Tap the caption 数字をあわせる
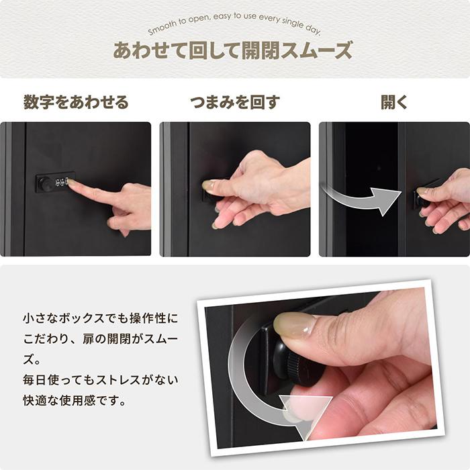pos(76,103)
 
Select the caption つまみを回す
pos(234,103)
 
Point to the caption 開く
pos(394,103)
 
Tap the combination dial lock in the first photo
pos(55,182)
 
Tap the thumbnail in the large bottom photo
pos(294,325)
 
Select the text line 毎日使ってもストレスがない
pos(101,380)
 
